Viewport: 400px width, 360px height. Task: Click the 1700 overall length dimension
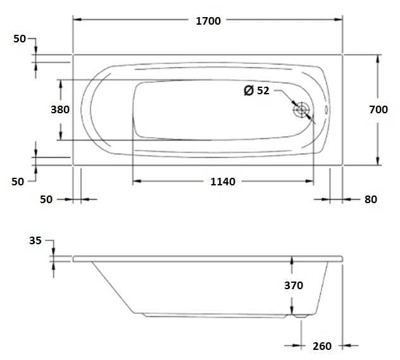click(x=208, y=21)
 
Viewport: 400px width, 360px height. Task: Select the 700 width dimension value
click(x=378, y=109)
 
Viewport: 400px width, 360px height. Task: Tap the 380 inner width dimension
click(x=60, y=109)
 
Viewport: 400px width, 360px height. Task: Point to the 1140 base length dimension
click(x=223, y=182)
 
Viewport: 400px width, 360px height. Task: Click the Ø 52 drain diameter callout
click(x=256, y=90)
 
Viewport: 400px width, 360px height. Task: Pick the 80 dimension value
click(x=371, y=199)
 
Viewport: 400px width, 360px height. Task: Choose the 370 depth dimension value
click(x=294, y=285)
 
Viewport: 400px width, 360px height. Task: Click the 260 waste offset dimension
click(x=322, y=346)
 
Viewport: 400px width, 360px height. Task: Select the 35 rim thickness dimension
click(x=35, y=240)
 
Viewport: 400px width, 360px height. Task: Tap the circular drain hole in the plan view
click(x=301, y=110)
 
